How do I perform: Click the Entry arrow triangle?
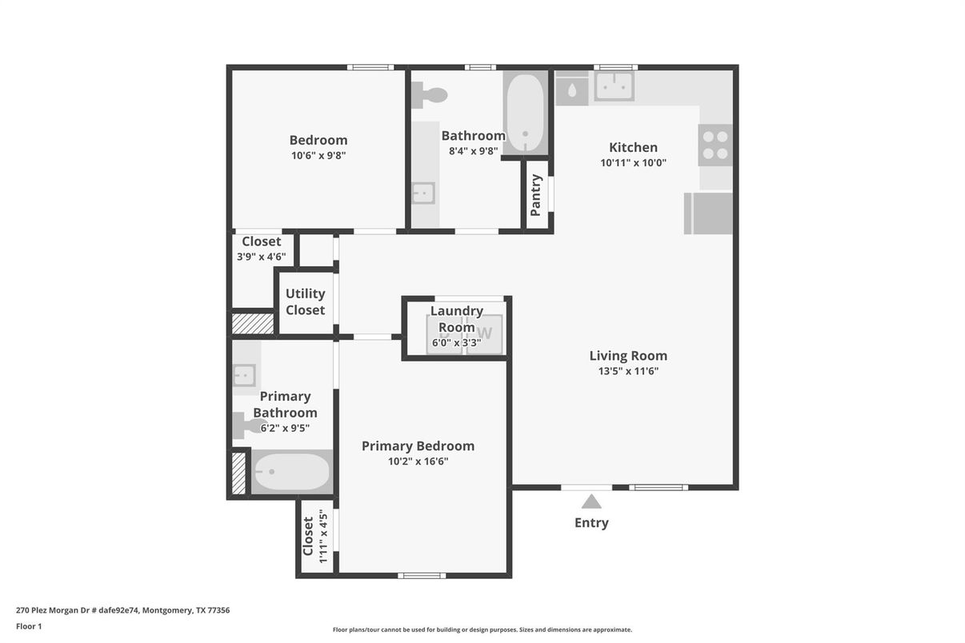tap(591, 501)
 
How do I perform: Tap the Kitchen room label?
tap(633, 147)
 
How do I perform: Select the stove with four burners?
tap(715, 145)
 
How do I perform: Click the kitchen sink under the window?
tap(614, 86)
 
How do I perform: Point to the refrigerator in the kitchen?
tap(708, 213)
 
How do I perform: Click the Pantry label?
tap(536, 195)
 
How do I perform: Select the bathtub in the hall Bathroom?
tap(525, 112)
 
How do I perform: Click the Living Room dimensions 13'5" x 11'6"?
tap(628, 371)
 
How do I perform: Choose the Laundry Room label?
tap(456, 318)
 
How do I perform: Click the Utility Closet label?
tap(305, 302)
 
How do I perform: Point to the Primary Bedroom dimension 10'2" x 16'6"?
tap(418, 461)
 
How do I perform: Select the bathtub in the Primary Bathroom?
tap(291, 473)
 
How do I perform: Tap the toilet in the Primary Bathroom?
tap(246, 425)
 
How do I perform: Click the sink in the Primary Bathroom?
tap(244, 374)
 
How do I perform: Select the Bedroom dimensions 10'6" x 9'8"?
tap(318, 156)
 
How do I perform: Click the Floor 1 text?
tap(29, 626)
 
